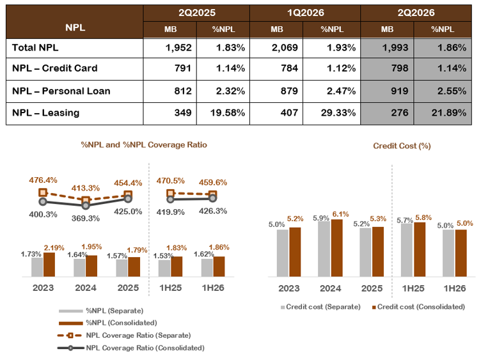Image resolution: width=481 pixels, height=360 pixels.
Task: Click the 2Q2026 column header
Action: [416, 13]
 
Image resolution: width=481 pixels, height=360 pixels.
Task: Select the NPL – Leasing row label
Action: [45, 113]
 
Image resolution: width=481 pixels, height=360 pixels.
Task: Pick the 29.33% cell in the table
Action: [338, 113]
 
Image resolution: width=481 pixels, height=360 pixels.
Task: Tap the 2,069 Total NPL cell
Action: [285, 47]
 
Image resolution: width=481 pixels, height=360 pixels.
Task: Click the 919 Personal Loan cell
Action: [399, 91]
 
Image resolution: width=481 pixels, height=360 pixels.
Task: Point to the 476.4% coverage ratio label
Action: [43, 180]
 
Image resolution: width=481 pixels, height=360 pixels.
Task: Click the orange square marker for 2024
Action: [86, 201]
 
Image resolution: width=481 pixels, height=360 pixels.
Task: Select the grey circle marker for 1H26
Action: [212, 198]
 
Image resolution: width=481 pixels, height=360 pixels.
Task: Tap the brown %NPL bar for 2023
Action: [49, 265]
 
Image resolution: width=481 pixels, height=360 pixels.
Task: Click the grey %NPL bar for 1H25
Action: [164, 269]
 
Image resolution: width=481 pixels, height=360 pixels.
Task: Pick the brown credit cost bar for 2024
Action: [337, 248]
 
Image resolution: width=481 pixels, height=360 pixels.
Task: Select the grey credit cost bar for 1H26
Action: [448, 253]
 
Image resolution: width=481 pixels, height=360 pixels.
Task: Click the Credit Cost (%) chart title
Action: [402, 146]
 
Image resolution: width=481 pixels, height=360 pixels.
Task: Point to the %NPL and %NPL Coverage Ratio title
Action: [144, 145]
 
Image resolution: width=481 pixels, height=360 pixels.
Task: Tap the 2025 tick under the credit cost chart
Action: [372, 288]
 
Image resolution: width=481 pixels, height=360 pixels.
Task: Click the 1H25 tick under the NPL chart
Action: [170, 288]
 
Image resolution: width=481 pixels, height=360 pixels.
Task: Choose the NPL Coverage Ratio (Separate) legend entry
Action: [124, 335]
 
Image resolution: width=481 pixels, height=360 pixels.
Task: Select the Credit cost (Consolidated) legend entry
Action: [418, 307]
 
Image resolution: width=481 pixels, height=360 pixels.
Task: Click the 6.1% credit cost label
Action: [340, 214]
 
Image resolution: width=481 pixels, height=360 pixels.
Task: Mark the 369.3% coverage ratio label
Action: [86, 218]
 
